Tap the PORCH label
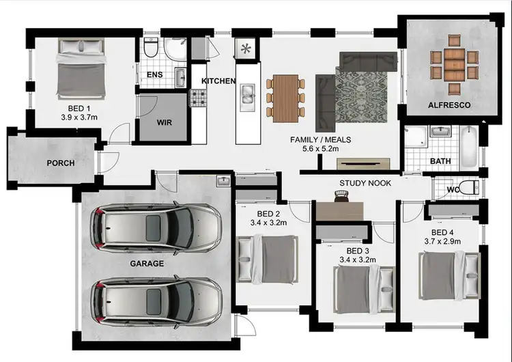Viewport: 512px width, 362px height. [61, 163]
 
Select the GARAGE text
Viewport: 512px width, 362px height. [147, 263]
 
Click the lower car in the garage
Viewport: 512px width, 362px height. [158, 301]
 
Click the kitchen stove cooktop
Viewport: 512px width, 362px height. [197, 98]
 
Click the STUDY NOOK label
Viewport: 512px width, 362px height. [365, 183]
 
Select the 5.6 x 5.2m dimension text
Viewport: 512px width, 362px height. [321, 150]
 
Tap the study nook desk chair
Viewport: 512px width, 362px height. [341, 197]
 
